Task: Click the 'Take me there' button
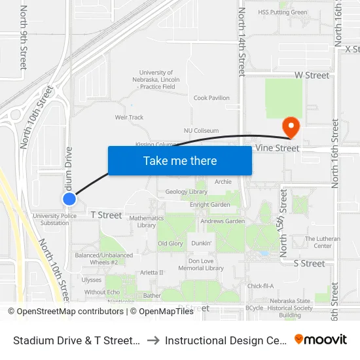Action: [179, 160]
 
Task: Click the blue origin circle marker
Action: [69, 198]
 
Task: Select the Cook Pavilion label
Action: [211, 98]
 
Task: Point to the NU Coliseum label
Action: [201, 131]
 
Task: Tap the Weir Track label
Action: [129, 118]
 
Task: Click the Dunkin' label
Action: [202, 243]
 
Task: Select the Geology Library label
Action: [187, 192]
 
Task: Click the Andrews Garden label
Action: [222, 221]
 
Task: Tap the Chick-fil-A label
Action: [260, 285]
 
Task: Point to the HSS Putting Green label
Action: [282, 12]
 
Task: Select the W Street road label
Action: [312, 75]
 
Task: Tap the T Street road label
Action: [106, 215]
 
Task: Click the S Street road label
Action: [309, 263]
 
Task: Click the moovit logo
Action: [320, 340]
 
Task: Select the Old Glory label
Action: [170, 243]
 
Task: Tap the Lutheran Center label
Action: [323, 242]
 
